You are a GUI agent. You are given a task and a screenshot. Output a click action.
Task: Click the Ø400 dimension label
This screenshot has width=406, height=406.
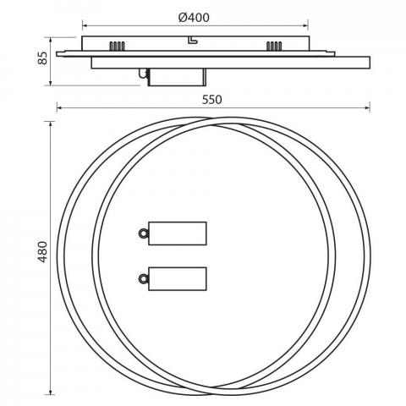pos(194,18)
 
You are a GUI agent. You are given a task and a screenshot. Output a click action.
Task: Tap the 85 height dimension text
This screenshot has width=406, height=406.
pos(42,58)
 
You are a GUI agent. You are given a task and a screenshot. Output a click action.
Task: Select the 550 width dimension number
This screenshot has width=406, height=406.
pos(211,100)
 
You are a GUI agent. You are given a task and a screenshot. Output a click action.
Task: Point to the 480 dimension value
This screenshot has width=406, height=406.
pos(42,252)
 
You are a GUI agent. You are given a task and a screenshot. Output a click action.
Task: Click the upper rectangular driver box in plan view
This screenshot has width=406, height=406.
pos(178,233)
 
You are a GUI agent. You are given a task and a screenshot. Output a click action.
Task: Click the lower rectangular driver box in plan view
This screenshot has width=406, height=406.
pos(178,279)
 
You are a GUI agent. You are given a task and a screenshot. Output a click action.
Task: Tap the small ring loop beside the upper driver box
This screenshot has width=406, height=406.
pos(143,233)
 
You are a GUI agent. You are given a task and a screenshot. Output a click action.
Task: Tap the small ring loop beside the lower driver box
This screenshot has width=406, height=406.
pos(143,279)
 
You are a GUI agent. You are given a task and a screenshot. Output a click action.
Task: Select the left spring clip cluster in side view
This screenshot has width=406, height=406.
pos(117,46)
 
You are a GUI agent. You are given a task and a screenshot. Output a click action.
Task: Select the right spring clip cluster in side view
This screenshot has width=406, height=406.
pos(274,46)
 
